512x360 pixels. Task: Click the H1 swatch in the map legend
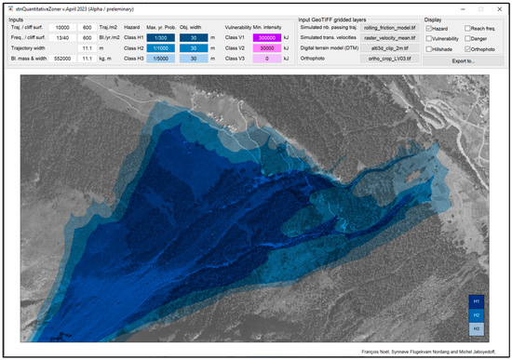pos(478,300)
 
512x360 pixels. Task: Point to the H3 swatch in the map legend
pos(478,328)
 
